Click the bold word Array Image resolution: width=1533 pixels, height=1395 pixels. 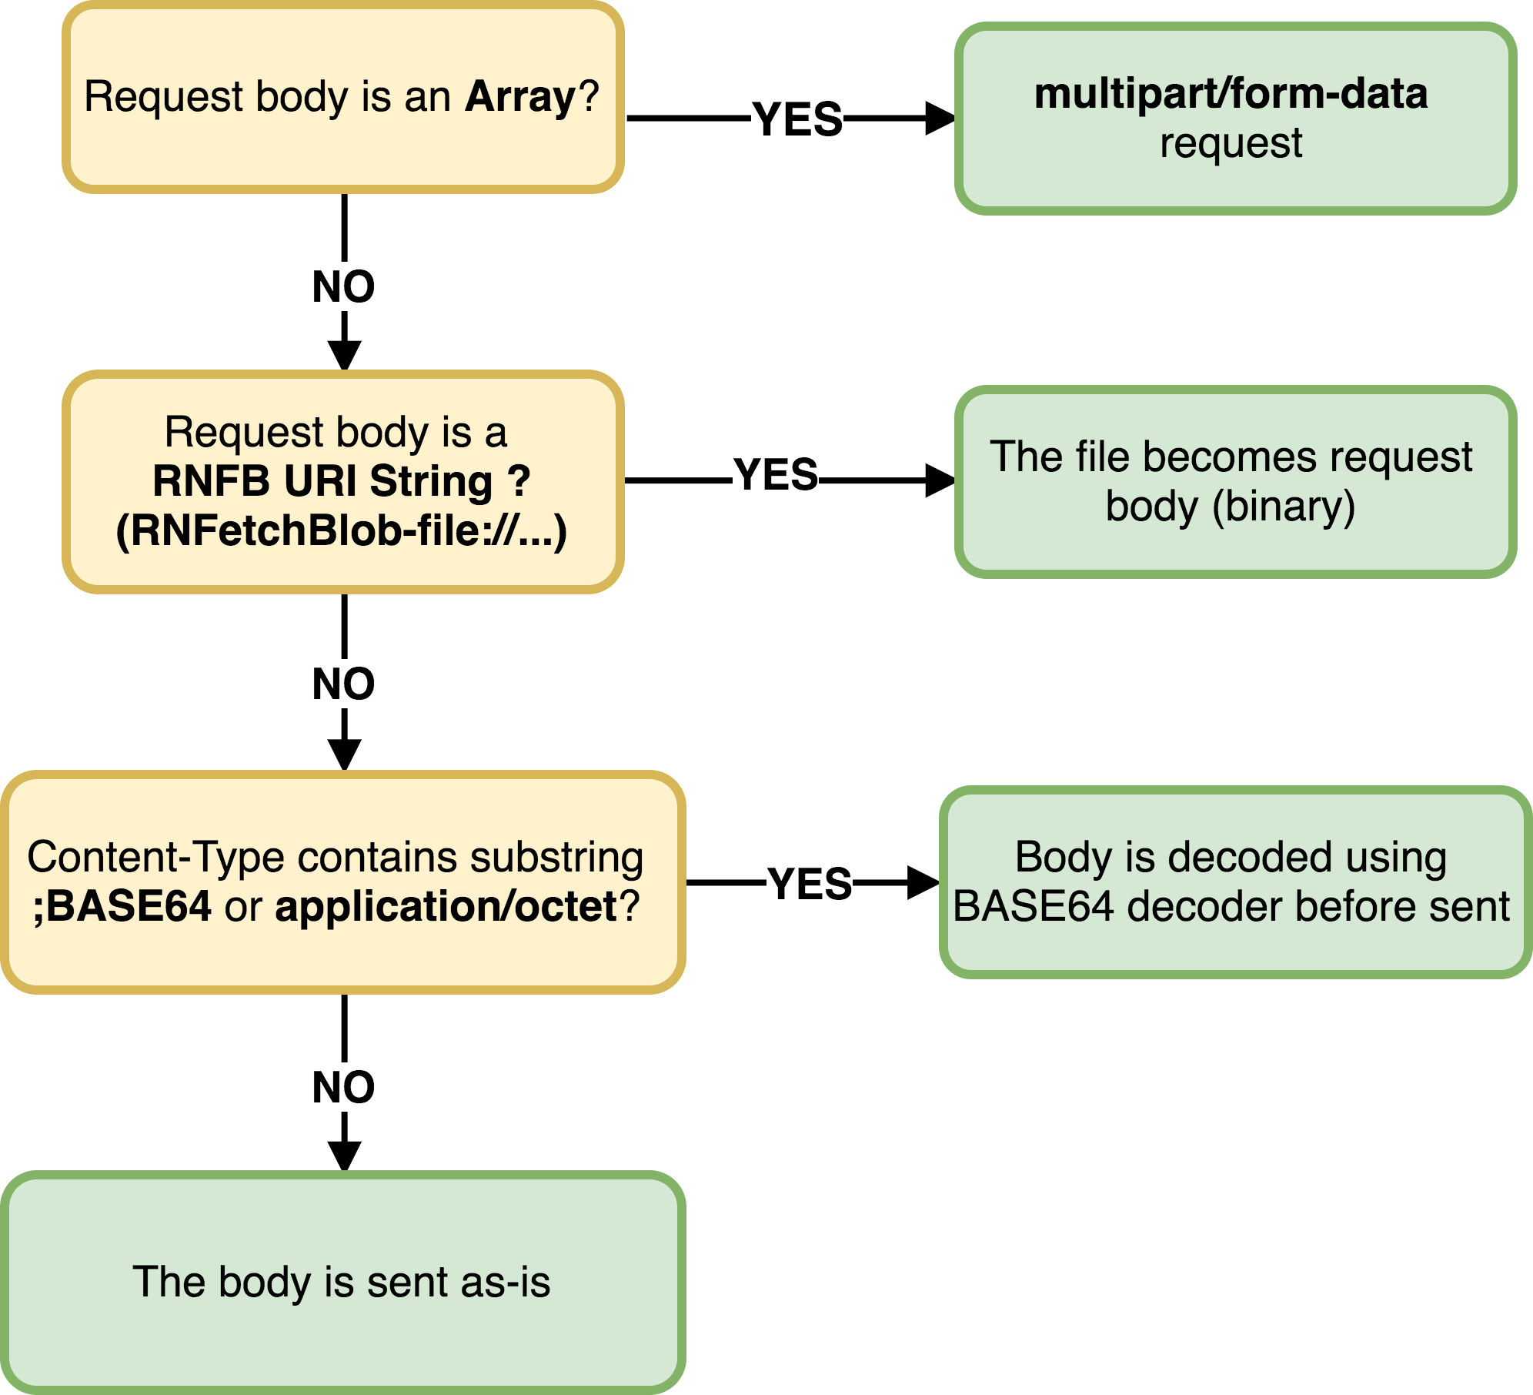(520, 98)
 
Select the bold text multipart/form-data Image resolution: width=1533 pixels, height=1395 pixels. (1231, 94)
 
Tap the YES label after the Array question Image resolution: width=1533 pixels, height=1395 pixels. (797, 120)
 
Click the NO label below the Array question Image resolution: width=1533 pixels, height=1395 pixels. (343, 287)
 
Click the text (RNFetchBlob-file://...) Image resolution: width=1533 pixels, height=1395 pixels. (342, 531)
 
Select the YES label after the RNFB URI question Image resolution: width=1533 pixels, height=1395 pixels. (776, 475)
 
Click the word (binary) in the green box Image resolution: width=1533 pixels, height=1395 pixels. (1284, 507)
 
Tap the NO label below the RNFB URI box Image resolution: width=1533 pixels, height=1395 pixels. (343, 684)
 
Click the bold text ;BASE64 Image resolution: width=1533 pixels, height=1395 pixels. (122, 906)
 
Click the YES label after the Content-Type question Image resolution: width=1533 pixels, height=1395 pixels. (810, 884)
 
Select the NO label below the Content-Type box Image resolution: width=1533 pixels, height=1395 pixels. (343, 1088)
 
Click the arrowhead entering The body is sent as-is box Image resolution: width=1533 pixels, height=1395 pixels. (344, 1155)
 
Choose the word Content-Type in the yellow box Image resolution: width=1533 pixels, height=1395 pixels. (155, 857)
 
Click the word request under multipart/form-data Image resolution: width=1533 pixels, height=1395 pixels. (1231, 143)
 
